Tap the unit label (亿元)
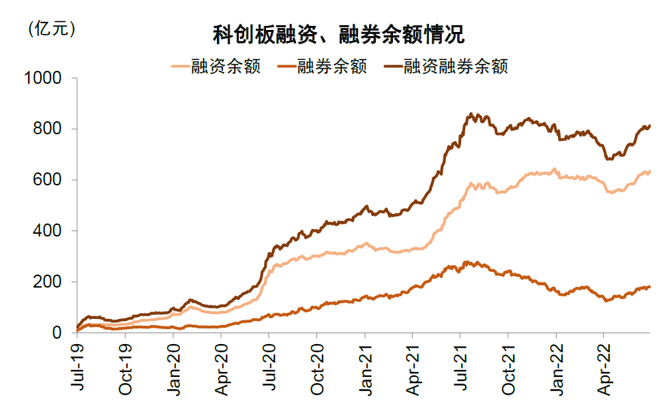click(x=52, y=29)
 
